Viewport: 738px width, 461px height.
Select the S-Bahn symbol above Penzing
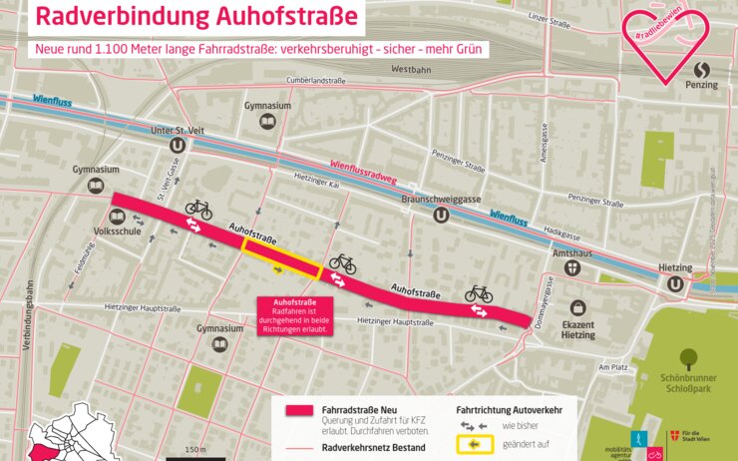click(x=702, y=71)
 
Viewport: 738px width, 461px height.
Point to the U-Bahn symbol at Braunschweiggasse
click(x=439, y=213)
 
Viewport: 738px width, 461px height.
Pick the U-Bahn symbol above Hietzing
click(x=676, y=284)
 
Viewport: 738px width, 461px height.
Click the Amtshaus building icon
click(x=572, y=267)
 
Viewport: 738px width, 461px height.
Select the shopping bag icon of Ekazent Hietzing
click(x=576, y=309)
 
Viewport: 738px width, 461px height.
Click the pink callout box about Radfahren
click(x=295, y=315)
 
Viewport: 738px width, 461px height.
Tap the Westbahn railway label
click(x=411, y=70)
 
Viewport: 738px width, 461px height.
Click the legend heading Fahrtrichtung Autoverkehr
click(x=510, y=409)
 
